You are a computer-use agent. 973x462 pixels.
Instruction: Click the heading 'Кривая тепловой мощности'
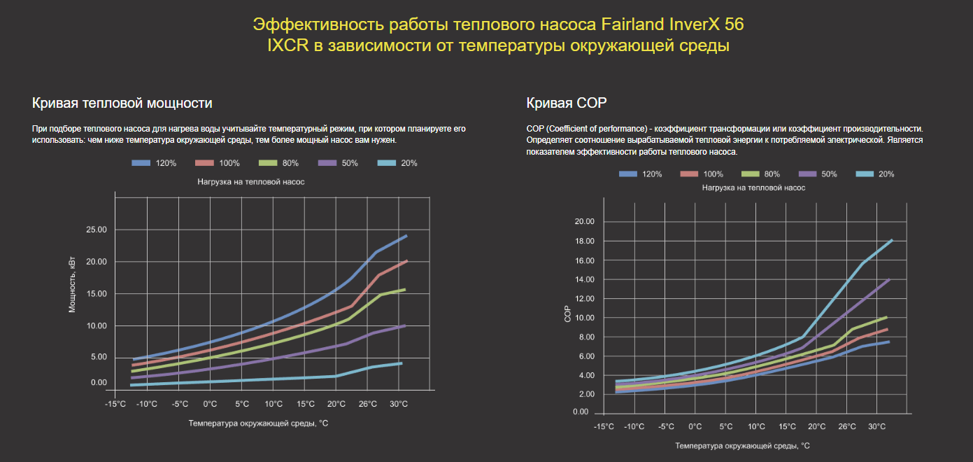tap(122, 104)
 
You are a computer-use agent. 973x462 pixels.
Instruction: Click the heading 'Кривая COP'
tap(566, 104)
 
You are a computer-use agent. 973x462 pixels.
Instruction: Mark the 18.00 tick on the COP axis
tap(583, 241)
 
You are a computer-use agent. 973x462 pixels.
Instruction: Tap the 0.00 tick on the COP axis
tap(581, 412)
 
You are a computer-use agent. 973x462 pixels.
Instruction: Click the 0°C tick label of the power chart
tap(210, 404)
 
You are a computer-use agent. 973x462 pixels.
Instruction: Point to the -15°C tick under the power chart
tap(115, 404)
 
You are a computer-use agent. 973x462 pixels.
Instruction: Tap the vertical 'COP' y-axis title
tap(568, 315)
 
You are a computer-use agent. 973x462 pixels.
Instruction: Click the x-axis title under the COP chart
tap(742, 445)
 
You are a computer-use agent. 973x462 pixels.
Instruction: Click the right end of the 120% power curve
tap(406, 236)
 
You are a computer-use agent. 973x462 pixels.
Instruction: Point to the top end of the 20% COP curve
tap(892, 240)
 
